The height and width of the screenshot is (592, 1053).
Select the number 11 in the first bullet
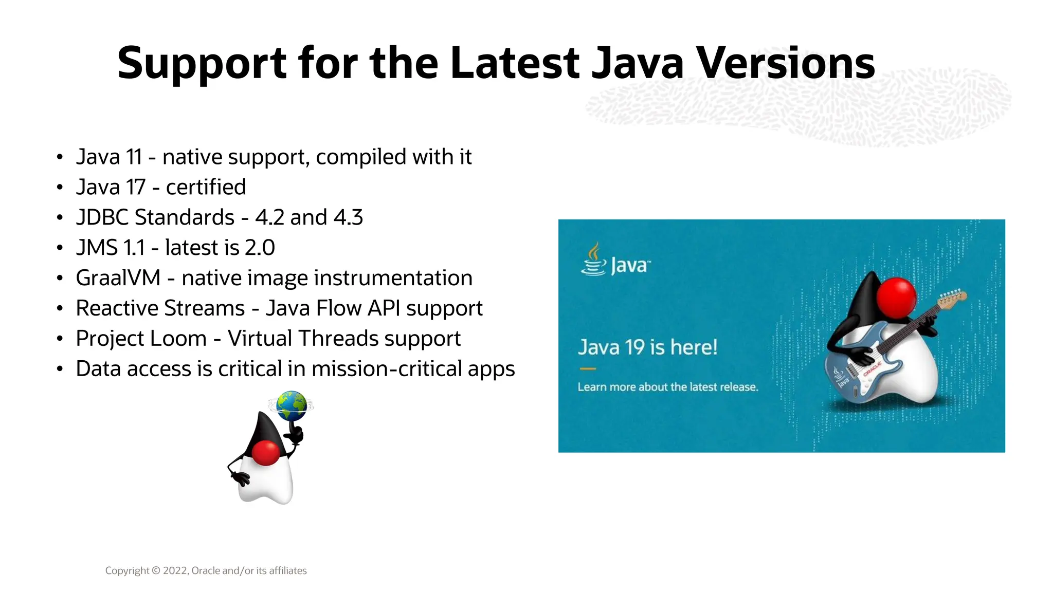134,157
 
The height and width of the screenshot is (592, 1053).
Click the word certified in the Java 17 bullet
206,188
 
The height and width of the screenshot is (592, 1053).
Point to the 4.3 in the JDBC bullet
348,218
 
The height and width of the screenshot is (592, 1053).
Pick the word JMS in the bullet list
97,248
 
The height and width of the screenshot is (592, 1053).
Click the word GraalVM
118,278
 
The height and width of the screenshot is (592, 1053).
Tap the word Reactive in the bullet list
160,308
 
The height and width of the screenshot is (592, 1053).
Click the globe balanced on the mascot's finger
291,406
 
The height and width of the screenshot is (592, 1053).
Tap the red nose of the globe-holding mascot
266,453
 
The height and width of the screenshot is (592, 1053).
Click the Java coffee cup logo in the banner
593,261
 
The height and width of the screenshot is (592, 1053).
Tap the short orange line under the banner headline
587,368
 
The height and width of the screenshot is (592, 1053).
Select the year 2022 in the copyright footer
175,571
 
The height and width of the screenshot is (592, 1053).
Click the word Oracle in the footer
206,571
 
